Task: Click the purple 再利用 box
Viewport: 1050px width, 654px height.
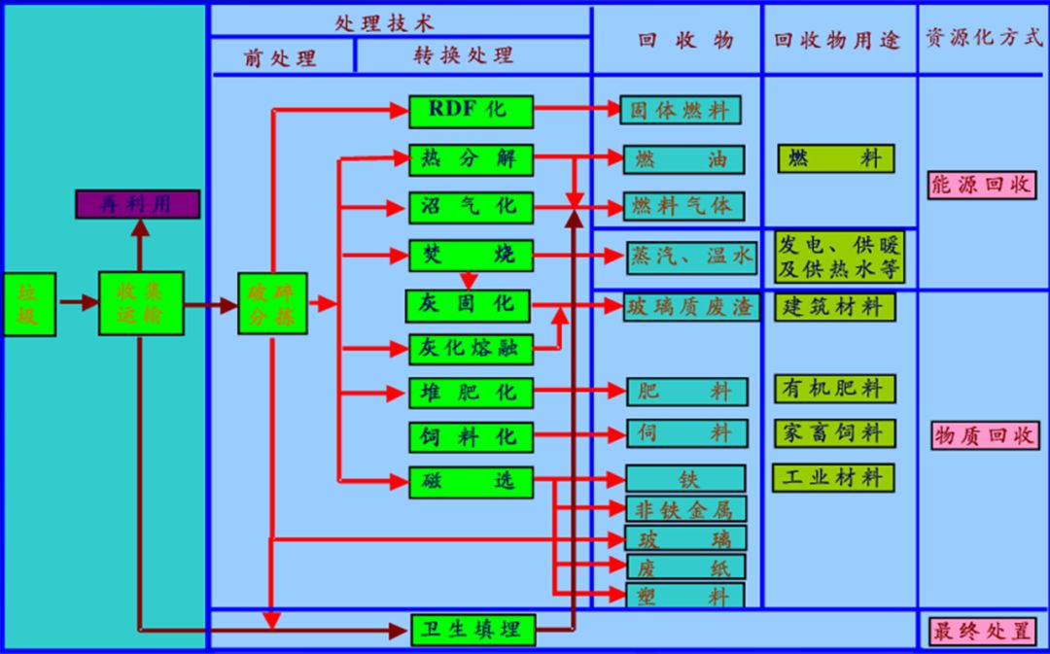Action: [138, 204]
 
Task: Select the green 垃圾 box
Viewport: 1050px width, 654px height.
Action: [29, 304]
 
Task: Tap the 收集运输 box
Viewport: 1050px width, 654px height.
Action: [141, 304]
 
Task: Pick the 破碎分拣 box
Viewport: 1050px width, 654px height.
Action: [273, 304]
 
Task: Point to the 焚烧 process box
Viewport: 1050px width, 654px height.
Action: [471, 257]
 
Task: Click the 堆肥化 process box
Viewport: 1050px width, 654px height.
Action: [471, 394]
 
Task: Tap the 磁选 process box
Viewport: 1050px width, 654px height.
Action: [471, 480]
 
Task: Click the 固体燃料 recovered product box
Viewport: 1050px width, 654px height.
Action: [681, 110]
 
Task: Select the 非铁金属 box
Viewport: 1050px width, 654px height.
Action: [685, 508]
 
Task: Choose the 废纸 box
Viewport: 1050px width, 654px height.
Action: [685, 568]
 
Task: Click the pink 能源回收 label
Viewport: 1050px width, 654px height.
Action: [982, 185]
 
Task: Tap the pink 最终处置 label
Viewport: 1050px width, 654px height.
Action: [982, 631]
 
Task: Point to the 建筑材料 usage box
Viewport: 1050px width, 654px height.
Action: [834, 307]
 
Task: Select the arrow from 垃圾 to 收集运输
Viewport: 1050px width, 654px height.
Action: [77, 302]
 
